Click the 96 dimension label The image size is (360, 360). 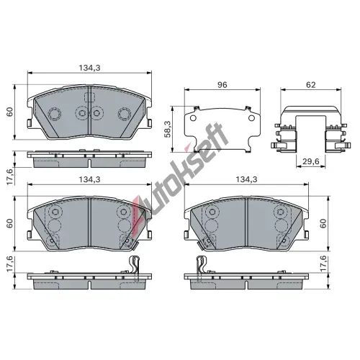click(222, 85)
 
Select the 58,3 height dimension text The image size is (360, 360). click(168, 129)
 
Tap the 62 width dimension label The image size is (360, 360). click(311, 85)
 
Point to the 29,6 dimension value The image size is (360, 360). click(311, 161)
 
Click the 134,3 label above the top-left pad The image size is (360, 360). click(90, 68)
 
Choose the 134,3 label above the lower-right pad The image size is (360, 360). click(246, 179)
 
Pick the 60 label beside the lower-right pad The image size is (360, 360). click(324, 223)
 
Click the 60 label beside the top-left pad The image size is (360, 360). click(9, 112)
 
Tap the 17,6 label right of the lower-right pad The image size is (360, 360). click(324, 264)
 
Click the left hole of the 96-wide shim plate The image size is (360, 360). click(193, 118)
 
